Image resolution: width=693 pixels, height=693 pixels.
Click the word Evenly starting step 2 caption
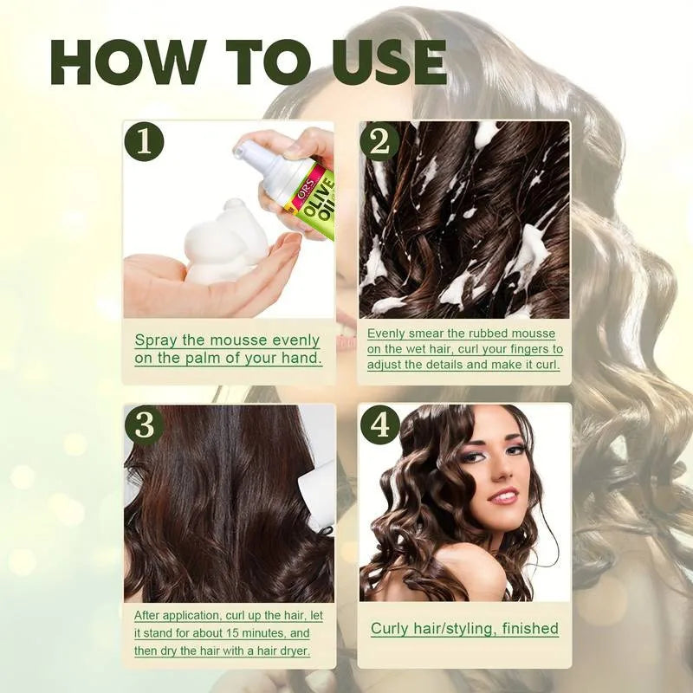[x=386, y=334]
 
